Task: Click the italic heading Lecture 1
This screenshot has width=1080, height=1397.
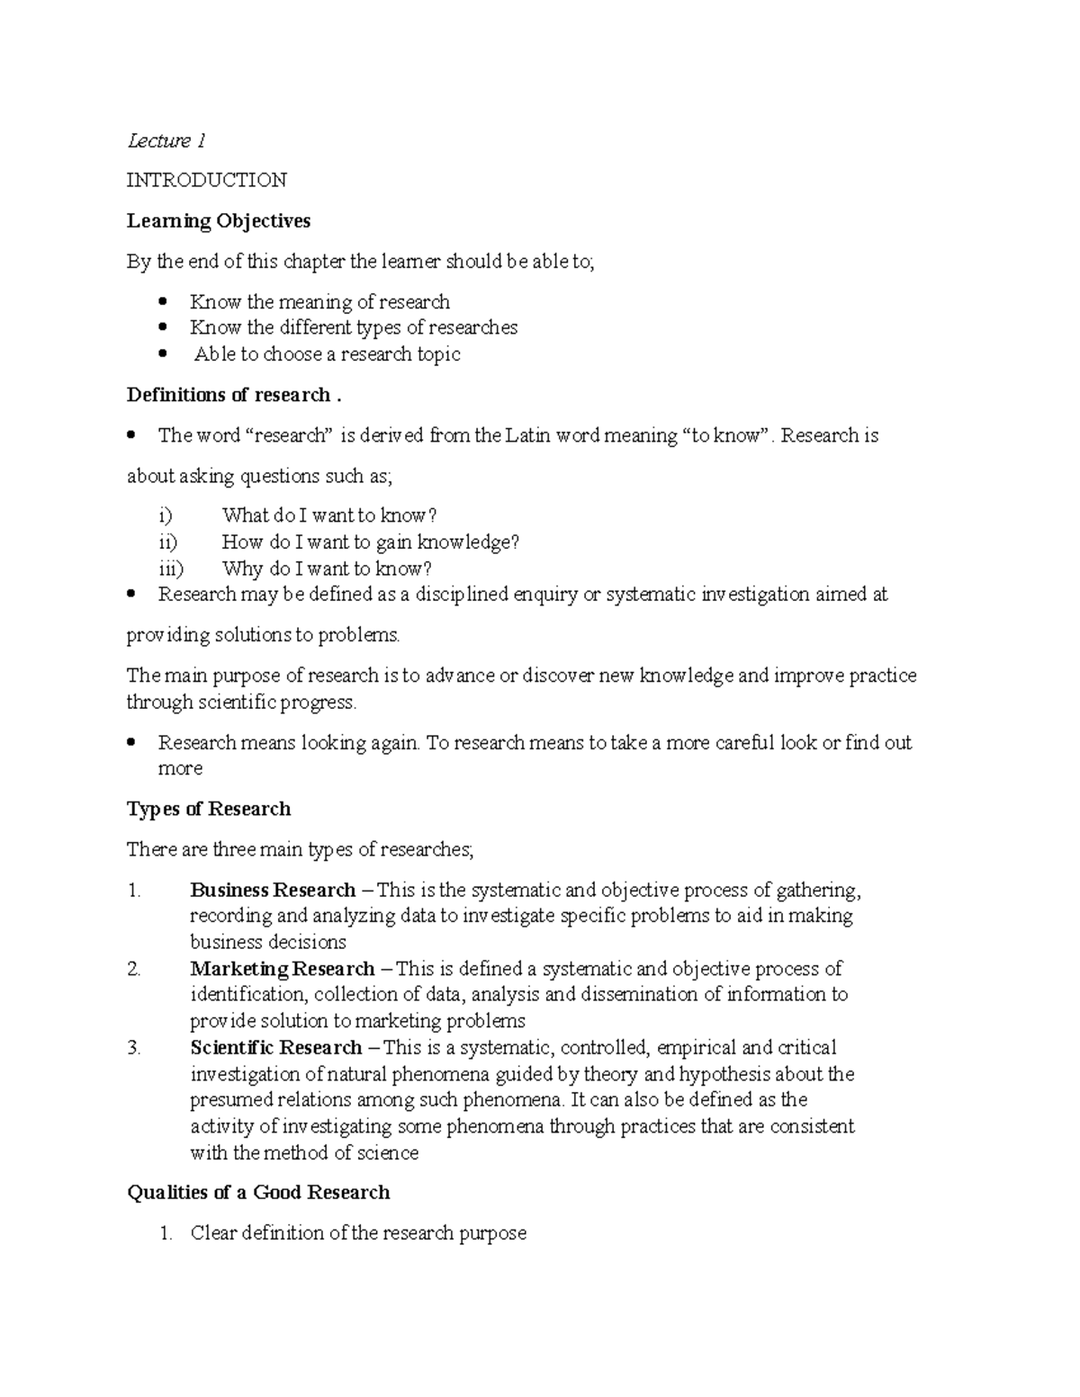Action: point(166,140)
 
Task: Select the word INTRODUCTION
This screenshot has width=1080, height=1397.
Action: point(206,180)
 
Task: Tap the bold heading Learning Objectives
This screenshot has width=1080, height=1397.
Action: point(219,220)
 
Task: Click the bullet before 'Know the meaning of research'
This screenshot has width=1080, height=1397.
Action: point(163,301)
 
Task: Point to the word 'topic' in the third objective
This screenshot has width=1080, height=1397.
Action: point(439,354)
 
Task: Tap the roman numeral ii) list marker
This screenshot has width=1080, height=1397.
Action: point(166,542)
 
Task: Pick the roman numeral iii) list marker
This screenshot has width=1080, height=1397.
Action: point(169,569)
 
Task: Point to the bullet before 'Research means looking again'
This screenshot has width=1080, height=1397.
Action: point(131,743)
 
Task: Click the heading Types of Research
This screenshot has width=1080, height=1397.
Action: point(209,809)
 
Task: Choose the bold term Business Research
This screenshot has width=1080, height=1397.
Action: point(273,891)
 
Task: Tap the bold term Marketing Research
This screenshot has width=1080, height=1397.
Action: point(282,969)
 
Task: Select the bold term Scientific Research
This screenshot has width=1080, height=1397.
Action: point(275,1048)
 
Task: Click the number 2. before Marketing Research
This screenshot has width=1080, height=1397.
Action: point(134,969)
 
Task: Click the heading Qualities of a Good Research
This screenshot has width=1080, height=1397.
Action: point(258,1193)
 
